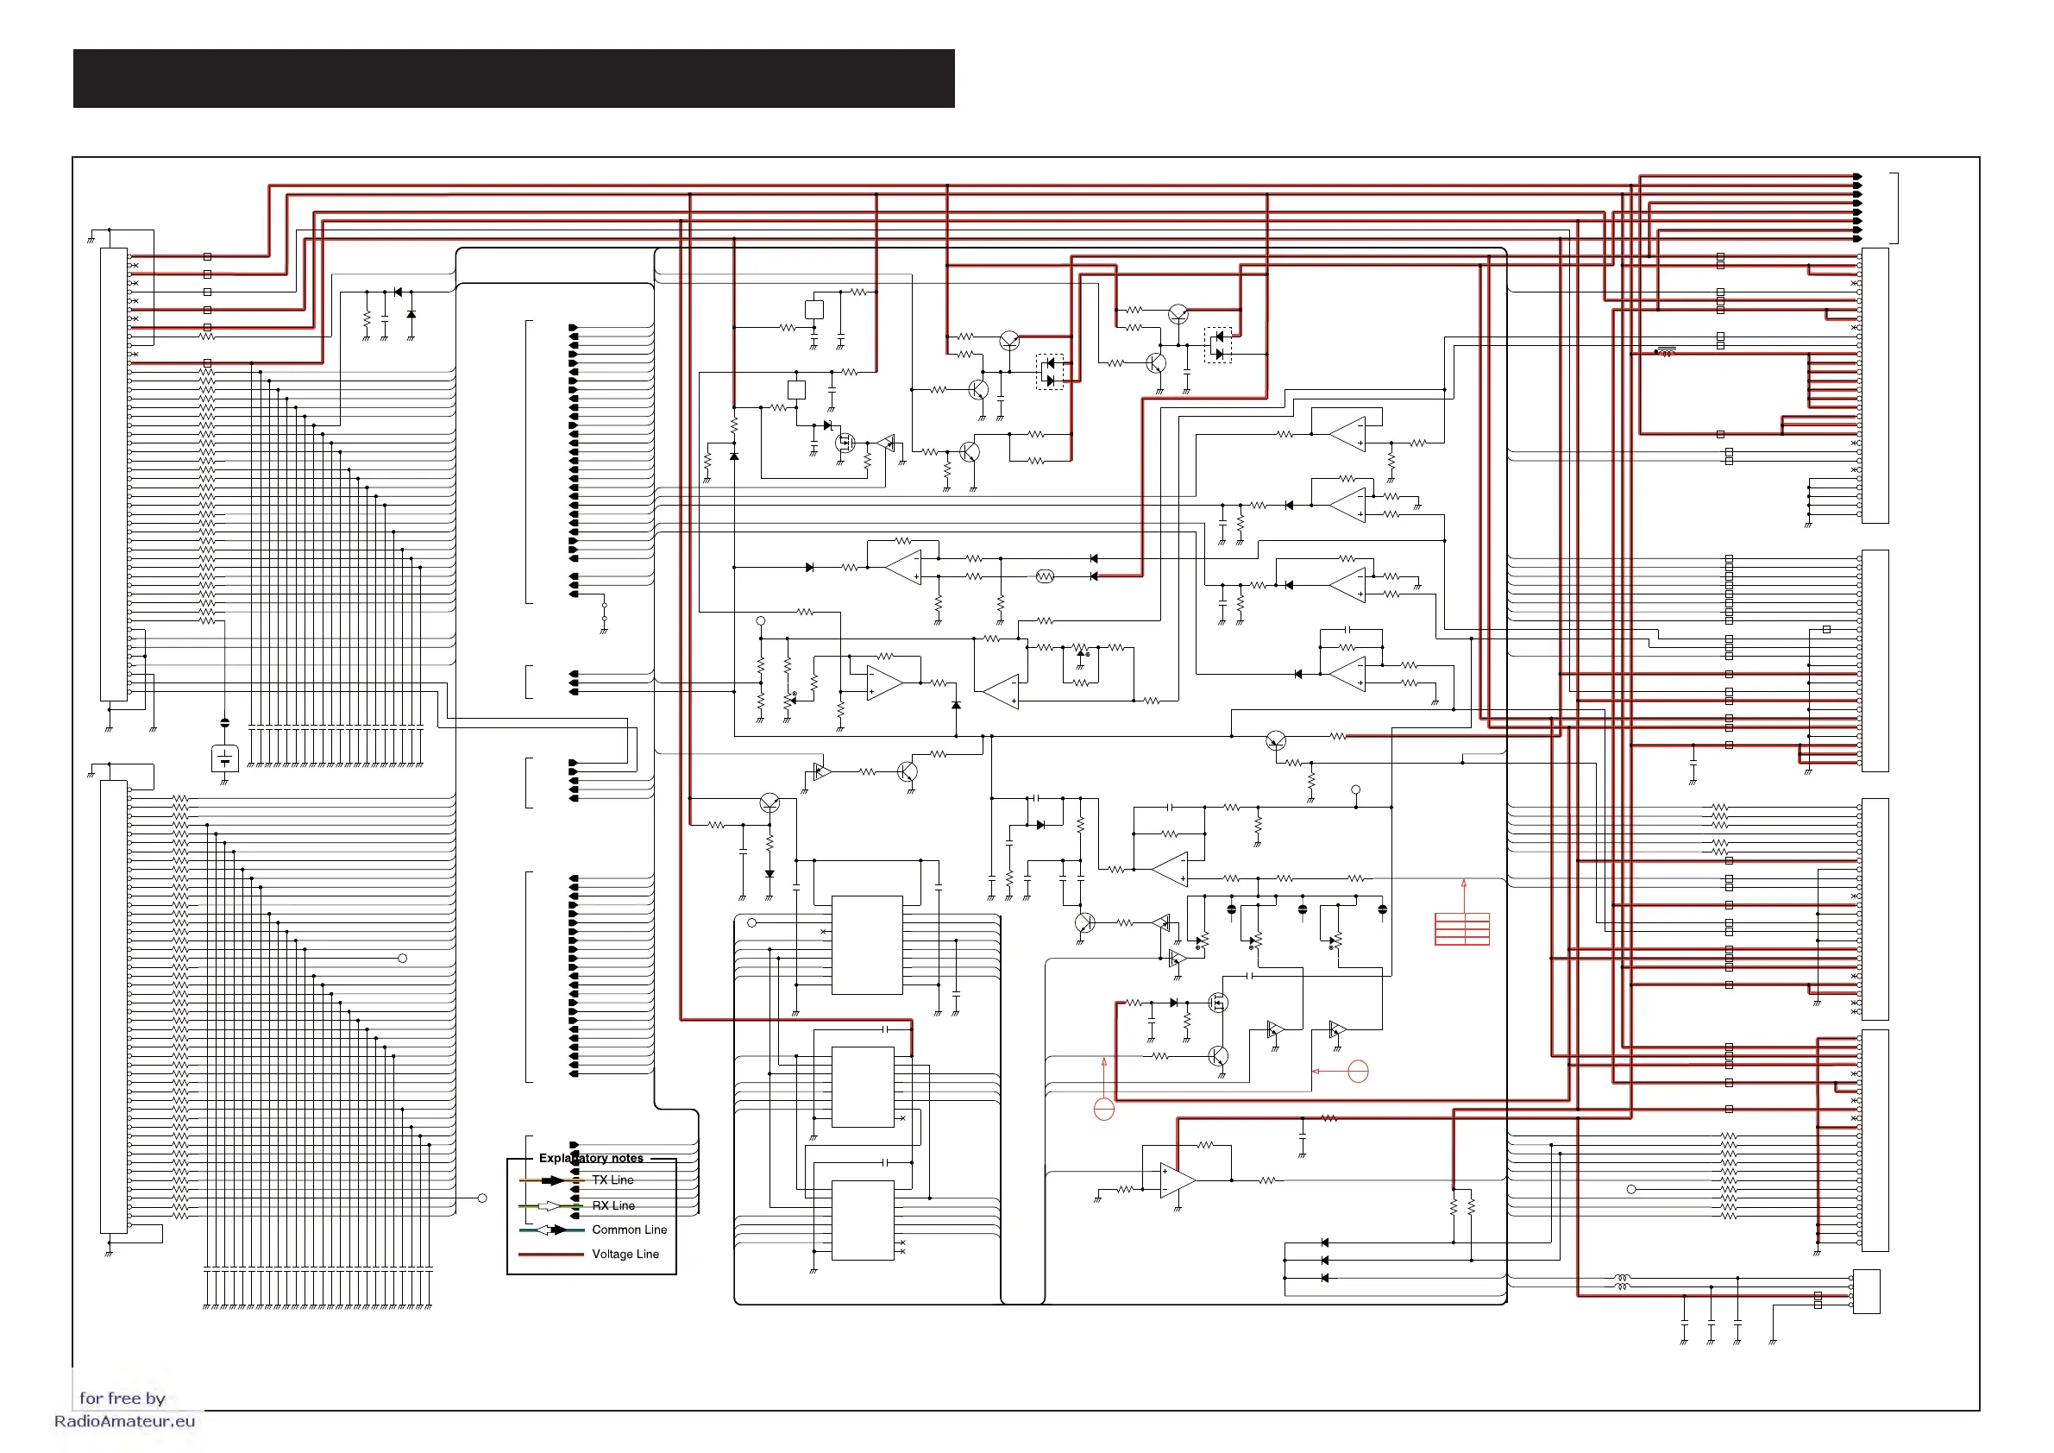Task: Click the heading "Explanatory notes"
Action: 590,1158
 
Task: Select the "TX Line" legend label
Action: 612,1180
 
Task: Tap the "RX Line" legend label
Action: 613,1205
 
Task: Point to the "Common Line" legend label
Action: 629,1230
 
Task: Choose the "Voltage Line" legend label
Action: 625,1254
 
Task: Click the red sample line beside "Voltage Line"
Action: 550,1255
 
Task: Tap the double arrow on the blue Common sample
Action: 550,1230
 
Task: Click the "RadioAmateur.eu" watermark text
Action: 124,1421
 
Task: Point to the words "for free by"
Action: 122,1398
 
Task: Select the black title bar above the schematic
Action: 513,79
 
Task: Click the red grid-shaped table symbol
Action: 1461,928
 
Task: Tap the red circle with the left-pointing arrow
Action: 1358,1071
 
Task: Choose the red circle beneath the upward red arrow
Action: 1104,1110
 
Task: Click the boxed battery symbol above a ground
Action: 224,758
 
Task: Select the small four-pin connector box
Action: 1866,1291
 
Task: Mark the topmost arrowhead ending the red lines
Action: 1857,176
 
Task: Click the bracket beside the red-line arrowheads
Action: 1895,208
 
